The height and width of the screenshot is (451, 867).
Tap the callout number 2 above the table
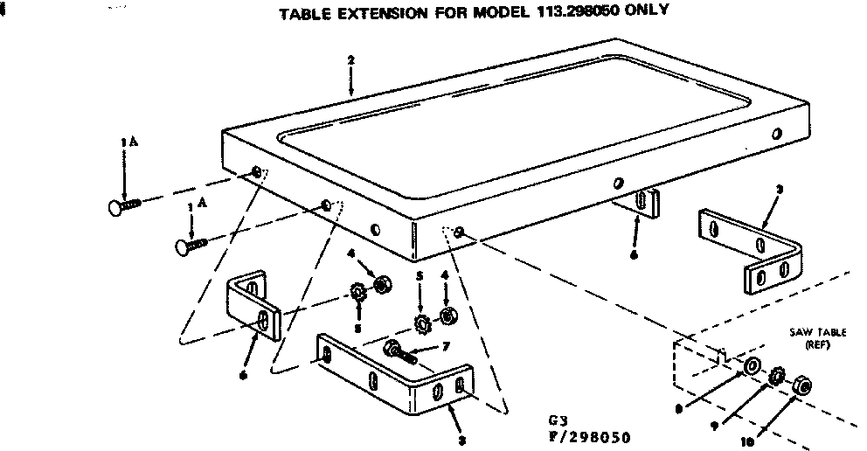[x=350, y=60]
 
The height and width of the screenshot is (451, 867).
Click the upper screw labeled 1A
[x=126, y=206]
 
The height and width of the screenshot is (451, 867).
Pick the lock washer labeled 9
[x=774, y=376]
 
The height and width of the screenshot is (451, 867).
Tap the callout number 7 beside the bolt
[x=447, y=347]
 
